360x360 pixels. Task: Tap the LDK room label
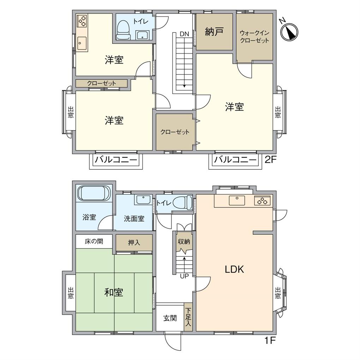point(235,270)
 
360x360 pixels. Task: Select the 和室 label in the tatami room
point(114,292)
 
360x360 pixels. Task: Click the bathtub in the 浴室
point(94,193)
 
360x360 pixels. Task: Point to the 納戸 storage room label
point(214,32)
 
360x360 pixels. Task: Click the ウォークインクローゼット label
point(254,37)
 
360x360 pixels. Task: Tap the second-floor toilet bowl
point(123,30)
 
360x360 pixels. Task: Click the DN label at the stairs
point(184,34)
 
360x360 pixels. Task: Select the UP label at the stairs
point(184,276)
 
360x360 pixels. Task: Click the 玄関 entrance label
point(170,318)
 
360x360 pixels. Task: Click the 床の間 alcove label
point(94,242)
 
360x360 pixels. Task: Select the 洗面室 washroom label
point(134,219)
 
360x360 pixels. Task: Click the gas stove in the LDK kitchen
point(263,201)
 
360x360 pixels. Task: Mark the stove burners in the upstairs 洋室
point(82,21)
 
